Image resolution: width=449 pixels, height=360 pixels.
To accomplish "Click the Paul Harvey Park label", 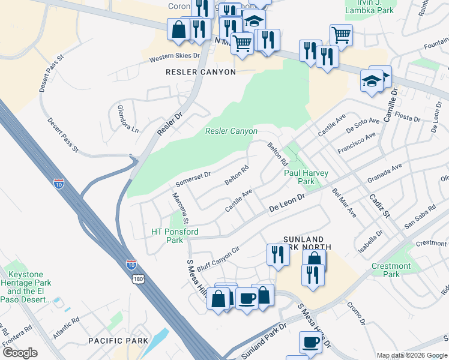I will click(306, 177).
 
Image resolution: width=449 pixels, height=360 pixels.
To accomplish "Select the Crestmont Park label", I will click(391, 270).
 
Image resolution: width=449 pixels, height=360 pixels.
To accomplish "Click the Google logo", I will click(20, 352).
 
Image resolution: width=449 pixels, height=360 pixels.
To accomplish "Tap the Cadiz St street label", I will click(380, 206).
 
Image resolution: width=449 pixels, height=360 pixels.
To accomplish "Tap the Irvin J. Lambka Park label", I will click(370, 7).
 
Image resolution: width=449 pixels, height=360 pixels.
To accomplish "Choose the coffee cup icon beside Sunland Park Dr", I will click(310, 343).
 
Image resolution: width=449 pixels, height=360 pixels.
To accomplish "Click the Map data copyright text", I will click(411, 355).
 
